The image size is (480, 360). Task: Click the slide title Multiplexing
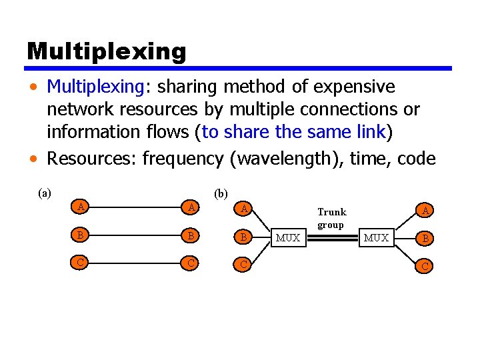click(x=106, y=51)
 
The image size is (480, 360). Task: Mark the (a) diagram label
click(x=45, y=194)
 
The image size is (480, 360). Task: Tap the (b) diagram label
click(x=221, y=194)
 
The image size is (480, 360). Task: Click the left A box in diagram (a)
click(x=81, y=207)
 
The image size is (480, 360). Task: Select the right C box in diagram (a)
click(x=191, y=263)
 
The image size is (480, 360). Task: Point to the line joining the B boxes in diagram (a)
click(x=136, y=235)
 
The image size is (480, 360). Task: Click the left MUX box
click(x=288, y=237)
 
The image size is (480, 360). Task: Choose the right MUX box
click(x=376, y=237)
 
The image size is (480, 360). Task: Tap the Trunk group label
click(x=331, y=218)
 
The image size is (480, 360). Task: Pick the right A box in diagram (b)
click(x=423, y=211)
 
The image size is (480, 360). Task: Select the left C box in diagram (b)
click(x=244, y=264)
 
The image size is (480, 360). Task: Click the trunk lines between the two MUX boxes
click(x=331, y=237)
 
